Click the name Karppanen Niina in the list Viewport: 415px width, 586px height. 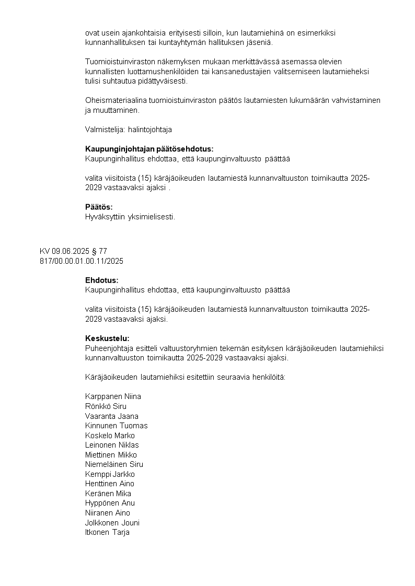point(113,396)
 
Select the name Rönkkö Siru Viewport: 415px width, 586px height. point(106,406)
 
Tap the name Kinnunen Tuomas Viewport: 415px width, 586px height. point(116,426)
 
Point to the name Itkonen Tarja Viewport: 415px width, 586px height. point(107,532)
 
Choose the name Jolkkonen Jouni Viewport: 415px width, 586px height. point(112,523)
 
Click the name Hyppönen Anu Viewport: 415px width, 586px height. point(110,503)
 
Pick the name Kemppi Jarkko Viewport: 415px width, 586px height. point(110,474)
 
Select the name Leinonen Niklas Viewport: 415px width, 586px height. point(112,445)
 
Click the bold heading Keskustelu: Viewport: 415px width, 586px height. point(107,338)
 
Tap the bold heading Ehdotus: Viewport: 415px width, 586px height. point(102,280)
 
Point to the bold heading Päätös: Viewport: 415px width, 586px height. point(99,207)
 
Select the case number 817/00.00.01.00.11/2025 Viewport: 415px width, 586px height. point(82,261)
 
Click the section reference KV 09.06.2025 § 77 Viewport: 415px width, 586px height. point(73,251)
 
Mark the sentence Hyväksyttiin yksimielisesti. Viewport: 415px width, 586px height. point(130,217)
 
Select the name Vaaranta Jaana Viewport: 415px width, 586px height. point(112,416)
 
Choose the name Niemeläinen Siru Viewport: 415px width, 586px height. point(114,464)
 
